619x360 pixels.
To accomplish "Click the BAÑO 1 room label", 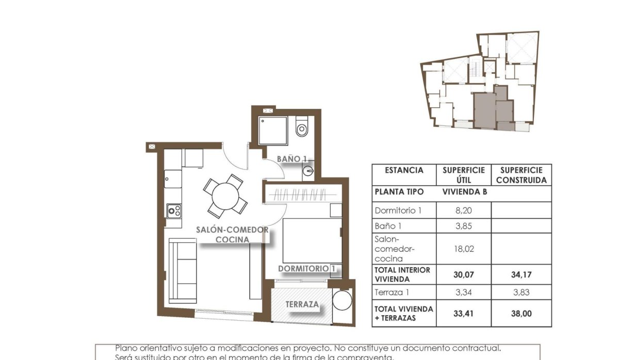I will coord(292,159).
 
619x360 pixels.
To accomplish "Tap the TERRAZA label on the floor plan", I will coord(302,304).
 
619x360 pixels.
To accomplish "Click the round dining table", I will coord(225,195).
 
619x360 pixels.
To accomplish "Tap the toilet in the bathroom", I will coord(302,128).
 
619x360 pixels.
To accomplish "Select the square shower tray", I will coord(272,130).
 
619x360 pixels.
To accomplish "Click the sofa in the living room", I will coord(183,270).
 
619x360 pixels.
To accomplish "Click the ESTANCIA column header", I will coord(404,170).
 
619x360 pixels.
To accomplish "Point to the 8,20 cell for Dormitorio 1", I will coord(463,210).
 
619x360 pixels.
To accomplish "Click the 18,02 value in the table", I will coord(463,249).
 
